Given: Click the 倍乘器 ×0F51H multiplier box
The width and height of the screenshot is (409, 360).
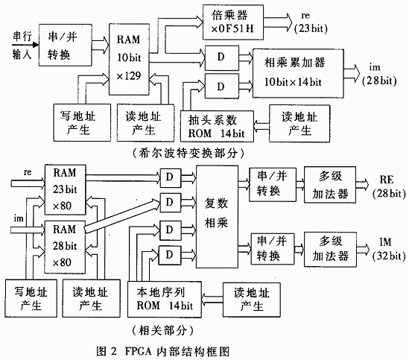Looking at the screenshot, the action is [233, 22].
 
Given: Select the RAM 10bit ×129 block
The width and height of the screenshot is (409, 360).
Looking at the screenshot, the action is [129, 60].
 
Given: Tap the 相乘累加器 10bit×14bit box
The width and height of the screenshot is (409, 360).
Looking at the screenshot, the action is [298, 73].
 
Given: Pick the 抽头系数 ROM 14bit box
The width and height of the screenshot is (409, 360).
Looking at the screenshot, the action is [217, 127].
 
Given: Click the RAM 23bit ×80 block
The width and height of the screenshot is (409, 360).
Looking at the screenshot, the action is [66, 189].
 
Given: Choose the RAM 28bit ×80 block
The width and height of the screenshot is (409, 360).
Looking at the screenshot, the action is [65, 247].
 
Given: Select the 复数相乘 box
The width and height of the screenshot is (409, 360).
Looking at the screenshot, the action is [217, 217].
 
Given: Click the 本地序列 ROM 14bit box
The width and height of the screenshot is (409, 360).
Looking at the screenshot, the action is [165, 299].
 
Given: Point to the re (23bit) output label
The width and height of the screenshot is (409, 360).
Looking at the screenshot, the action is [311, 22].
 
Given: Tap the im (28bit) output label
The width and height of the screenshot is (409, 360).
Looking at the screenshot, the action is [379, 74].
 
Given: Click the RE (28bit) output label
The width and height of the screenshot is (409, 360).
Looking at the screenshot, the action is [389, 186].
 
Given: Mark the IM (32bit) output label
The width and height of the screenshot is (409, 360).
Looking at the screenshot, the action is [389, 249].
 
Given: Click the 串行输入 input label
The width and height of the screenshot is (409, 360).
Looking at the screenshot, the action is [22, 45].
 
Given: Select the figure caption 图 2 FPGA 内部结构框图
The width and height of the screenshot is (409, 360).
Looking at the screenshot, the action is [162, 351].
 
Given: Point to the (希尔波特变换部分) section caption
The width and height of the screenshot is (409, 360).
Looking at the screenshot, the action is [188, 153].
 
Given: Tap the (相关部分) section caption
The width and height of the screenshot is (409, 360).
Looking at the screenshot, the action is [163, 331].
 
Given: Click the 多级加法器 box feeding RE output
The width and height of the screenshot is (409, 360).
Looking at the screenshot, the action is [330, 185].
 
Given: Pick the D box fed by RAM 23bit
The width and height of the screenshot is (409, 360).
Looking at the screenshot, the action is [171, 178].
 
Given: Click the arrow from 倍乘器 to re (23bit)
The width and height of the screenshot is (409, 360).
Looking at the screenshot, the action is [278, 22].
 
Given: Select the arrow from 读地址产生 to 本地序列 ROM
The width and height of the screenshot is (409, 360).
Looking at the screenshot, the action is [212, 300].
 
